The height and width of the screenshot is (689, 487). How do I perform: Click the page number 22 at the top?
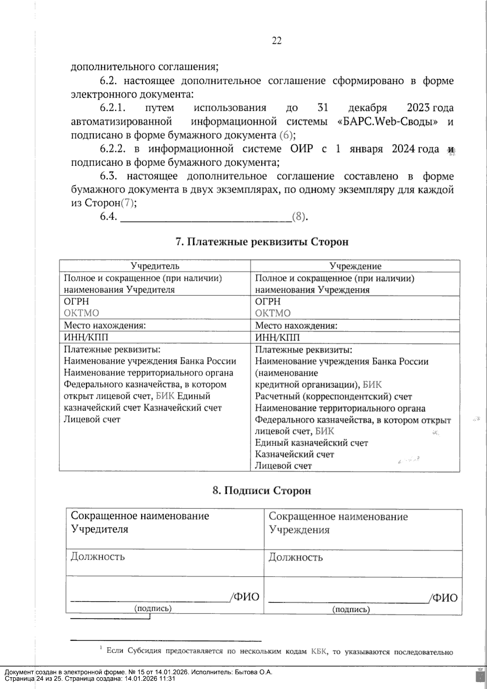click(x=276, y=41)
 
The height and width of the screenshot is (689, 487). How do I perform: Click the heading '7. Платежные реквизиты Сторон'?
click(x=262, y=242)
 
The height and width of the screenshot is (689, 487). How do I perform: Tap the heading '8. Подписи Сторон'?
click(x=262, y=490)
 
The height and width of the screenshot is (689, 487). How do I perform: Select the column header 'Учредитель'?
click(x=155, y=266)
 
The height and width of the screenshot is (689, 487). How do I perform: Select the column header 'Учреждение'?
click(x=355, y=266)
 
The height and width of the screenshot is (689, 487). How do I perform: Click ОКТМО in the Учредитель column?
click(x=82, y=313)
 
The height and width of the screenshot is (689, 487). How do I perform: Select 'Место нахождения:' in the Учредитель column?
click(x=105, y=325)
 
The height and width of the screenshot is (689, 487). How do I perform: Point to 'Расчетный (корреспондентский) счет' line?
click(x=333, y=396)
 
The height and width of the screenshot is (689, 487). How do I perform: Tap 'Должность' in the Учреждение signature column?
click(x=295, y=557)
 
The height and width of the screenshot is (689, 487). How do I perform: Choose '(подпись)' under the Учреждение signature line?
click(x=351, y=609)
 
